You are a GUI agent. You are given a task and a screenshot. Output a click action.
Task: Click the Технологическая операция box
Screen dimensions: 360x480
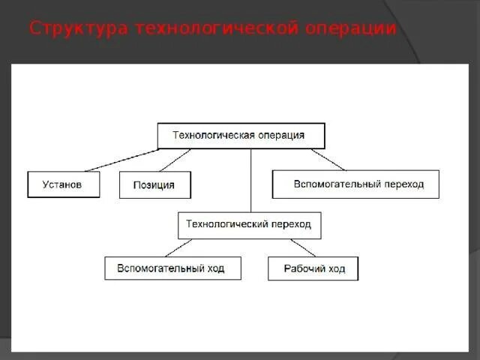pyautogui.click(x=241, y=136)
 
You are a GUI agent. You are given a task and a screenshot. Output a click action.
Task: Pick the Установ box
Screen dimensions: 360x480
pyautogui.click(x=63, y=184)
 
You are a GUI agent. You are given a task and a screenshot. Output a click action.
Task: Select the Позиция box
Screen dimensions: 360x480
pyautogui.click(x=154, y=185)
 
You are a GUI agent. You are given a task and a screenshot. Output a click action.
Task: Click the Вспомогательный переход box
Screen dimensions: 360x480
pyautogui.click(x=355, y=184)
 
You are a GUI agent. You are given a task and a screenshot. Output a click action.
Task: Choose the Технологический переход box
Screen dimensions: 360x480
pyautogui.click(x=249, y=225)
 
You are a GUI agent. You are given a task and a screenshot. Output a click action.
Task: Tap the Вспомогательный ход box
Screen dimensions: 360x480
pyautogui.click(x=172, y=268)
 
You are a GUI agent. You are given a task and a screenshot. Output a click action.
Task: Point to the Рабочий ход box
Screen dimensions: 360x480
pyautogui.click(x=313, y=268)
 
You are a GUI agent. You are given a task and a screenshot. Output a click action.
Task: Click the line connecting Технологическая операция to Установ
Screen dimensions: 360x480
pyautogui.click(x=120, y=160)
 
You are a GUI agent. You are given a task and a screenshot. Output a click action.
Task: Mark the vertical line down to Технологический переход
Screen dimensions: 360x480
pyautogui.click(x=250, y=180)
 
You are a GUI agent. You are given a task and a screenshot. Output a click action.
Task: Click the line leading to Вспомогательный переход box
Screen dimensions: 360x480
pyautogui.click(x=328, y=159)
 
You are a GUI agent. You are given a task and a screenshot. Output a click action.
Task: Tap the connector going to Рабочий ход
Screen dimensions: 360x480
pyautogui.click(x=303, y=247)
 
